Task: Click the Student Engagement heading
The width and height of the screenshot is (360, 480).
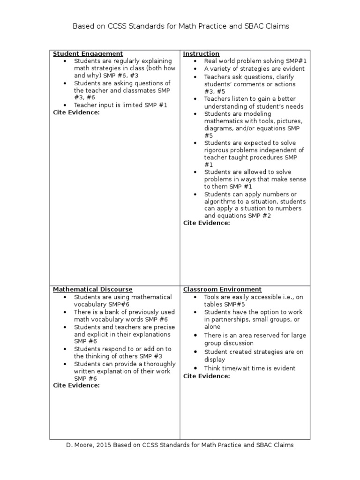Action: point(88,54)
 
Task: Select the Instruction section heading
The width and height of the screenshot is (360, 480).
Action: point(201,54)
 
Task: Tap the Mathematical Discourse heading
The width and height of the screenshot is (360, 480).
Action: point(92,290)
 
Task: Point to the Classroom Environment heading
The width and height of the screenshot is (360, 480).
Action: point(222,290)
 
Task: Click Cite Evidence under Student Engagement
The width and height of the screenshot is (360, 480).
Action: point(76,112)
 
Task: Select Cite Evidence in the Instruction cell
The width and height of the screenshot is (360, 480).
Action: point(206,223)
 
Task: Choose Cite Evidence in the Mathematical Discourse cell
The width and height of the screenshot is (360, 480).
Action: point(76,385)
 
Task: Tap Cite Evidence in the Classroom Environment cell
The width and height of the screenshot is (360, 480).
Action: point(206,376)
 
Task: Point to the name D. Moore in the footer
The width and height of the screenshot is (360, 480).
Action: point(79,445)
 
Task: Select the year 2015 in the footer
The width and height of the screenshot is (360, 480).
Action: point(106,445)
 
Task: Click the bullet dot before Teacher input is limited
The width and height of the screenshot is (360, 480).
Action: point(64,105)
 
